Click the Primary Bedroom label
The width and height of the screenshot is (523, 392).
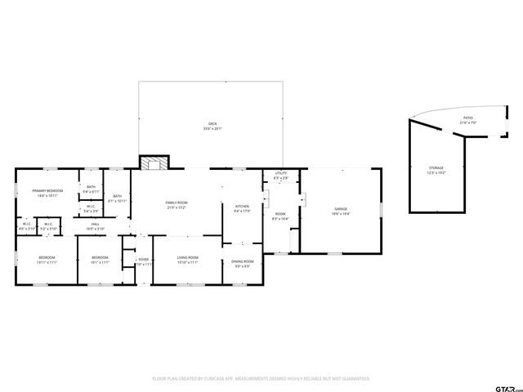[x=47, y=191]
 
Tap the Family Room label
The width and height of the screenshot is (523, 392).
[x=177, y=203]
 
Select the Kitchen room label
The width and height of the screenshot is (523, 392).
[x=242, y=207]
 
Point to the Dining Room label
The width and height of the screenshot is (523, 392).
[x=244, y=261]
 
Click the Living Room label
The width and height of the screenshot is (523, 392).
[x=188, y=258]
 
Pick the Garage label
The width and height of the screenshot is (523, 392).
[x=340, y=209]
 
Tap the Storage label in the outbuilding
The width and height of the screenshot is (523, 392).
[x=436, y=167]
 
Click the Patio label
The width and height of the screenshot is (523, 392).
[x=467, y=118]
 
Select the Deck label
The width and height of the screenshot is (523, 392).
[x=212, y=124]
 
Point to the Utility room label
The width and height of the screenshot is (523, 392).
[x=280, y=173]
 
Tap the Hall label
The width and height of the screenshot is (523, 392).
[x=96, y=225]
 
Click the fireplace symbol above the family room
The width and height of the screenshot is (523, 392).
[x=152, y=163]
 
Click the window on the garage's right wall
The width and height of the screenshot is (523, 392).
[x=382, y=211]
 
